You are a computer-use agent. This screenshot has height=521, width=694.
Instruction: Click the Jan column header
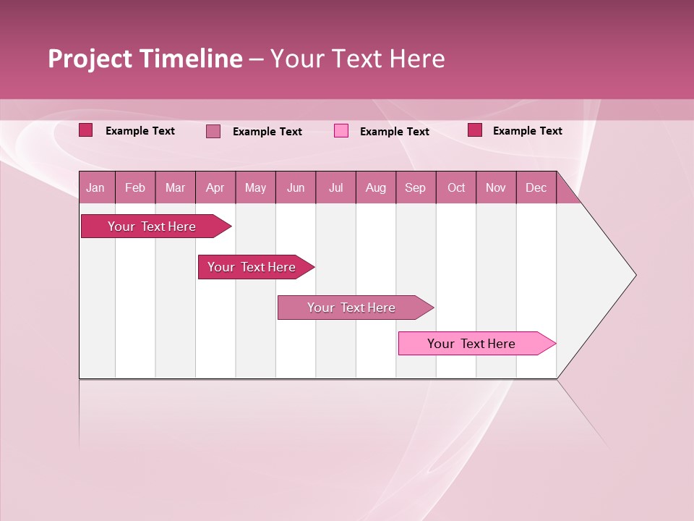(95, 187)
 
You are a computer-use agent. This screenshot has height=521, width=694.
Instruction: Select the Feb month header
(135, 187)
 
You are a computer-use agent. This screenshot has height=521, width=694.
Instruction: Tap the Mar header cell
(175, 187)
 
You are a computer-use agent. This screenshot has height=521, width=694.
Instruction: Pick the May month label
(255, 187)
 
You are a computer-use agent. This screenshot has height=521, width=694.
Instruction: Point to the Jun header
(296, 187)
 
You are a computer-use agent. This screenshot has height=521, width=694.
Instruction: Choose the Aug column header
(376, 187)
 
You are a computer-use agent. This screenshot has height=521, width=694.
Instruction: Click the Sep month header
(415, 187)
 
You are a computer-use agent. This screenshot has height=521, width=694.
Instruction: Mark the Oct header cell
(456, 187)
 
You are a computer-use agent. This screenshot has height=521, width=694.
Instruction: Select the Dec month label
(536, 187)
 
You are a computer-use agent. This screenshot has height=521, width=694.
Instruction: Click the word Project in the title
(90, 59)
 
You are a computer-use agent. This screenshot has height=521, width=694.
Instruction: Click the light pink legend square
(341, 131)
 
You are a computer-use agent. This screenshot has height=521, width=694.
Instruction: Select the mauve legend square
(213, 131)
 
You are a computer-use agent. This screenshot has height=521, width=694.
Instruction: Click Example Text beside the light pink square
(394, 131)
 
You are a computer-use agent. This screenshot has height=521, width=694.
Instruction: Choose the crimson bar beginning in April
(253, 267)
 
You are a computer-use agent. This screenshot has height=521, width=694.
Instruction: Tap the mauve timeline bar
(353, 308)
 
